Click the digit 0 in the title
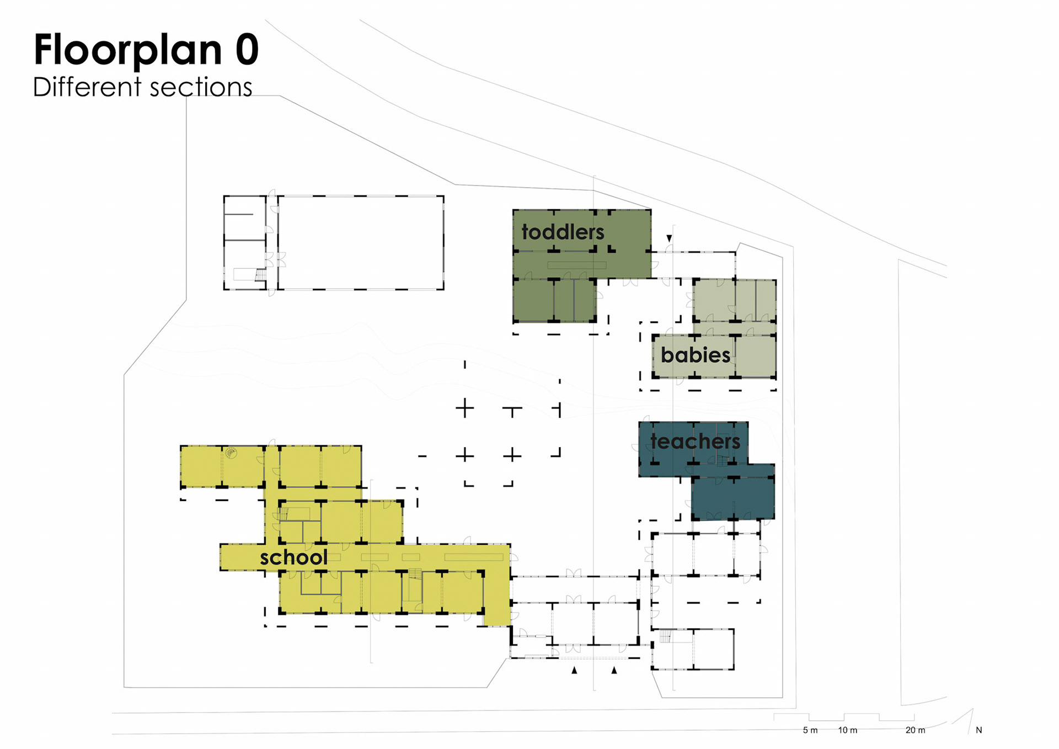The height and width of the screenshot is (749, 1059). (x=247, y=49)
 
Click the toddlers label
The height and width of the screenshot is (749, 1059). (x=563, y=232)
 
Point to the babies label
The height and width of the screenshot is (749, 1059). (x=696, y=354)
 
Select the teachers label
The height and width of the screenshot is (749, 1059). (x=695, y=441)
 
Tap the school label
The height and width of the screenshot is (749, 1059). (x=293, y=557)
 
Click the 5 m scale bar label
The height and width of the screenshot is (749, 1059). (x=810, y=730)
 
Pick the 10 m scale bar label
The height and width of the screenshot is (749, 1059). (x=848, y=730)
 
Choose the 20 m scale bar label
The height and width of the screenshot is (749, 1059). (x=916, y=730)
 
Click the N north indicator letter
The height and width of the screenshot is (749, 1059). (x=979, y=730)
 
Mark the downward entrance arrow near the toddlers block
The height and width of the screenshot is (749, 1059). (x=669, y=238)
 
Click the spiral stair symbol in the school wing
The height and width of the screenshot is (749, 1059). (x=231, y=454)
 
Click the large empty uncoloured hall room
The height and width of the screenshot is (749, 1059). (x=361, y=242)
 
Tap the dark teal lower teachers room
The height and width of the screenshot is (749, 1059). (x=733, y=498)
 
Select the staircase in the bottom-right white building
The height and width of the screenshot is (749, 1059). (x=665, y=636)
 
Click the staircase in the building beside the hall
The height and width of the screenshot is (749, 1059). (x=260, y=274)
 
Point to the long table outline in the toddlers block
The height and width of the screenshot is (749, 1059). (x=577, y=265)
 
